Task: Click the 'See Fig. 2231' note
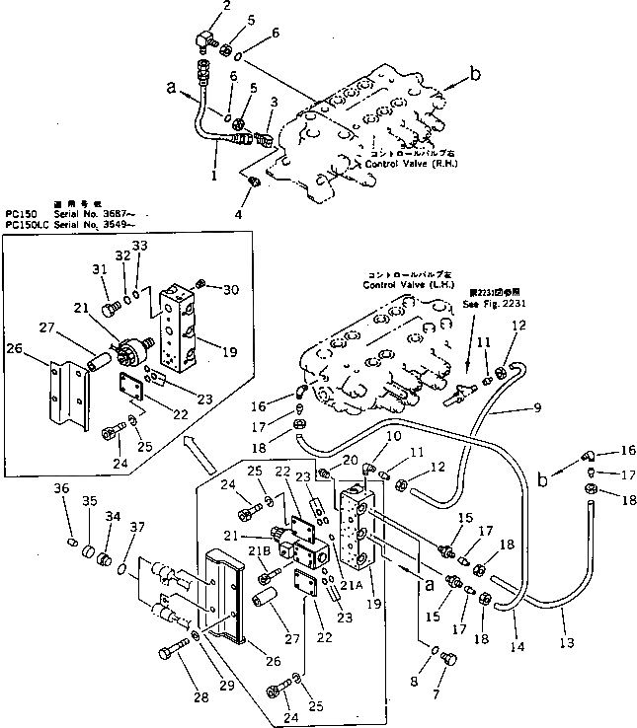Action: (x=488, y=305)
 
